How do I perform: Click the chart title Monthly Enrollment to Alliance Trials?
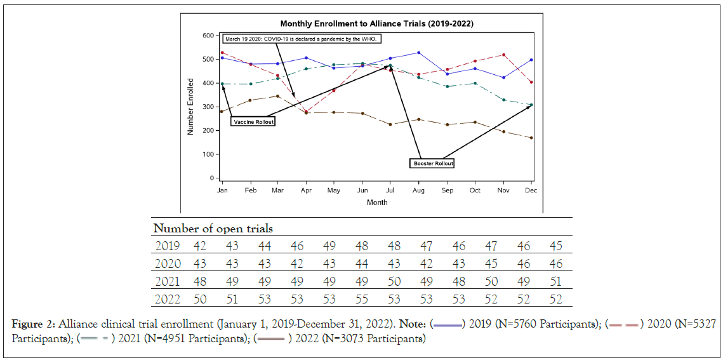coord(376,23)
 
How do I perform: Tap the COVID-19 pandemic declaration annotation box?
coord(302,39)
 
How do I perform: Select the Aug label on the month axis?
coord(418,190)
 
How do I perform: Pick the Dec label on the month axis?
coord(531,190)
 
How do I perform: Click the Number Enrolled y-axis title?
coord(190,107)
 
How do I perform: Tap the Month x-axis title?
coord(376,203)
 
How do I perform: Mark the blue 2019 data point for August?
coord(418,53)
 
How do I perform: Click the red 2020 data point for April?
coord(306,112)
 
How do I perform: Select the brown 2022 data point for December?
coord(531,138)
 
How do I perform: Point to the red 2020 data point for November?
coord(503,55)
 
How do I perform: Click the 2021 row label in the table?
coord(168,281)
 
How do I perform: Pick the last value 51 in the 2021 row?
coord(555,281)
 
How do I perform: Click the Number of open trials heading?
coord(213,229)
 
